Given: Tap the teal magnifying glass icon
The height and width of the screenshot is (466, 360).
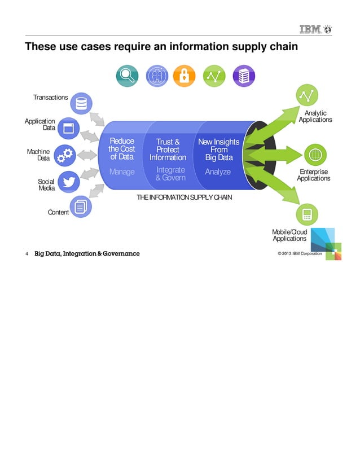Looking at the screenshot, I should (x=128, y=76).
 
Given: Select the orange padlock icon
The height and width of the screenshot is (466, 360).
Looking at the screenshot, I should (x=184, y=76).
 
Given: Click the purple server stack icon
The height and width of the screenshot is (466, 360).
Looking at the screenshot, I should (x=244, y=76).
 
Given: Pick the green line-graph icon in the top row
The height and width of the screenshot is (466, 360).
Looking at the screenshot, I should (x=214, y=76).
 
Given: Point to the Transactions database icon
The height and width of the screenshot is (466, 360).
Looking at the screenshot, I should (x=82, y=104).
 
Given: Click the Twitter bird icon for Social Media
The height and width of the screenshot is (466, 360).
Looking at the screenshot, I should (x=69, y=182).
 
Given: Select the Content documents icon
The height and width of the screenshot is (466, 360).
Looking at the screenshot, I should (x=81, y=207).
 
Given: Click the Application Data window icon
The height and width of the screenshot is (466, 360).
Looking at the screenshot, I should (x=69, y=128).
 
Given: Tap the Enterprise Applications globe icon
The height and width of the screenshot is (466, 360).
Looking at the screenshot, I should (x=315, y=154).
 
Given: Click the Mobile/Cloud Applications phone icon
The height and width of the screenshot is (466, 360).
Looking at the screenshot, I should (x=307, y=214).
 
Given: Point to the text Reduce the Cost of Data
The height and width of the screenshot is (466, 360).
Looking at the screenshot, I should (x=122, y=149).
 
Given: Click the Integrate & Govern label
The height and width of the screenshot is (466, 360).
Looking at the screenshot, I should (x=170, y=174).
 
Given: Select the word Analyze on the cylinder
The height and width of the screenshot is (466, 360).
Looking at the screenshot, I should (x=218, y=172).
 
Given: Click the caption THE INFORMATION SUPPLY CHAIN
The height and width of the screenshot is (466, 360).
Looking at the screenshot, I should (x=184, y=198).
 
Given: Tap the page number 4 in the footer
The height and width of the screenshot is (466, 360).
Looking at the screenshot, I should (x=27, y=253).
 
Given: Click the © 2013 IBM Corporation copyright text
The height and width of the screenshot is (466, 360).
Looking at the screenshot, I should (x=300, y=253).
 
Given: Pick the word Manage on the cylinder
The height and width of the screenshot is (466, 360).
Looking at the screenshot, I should (x=122, y=172).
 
